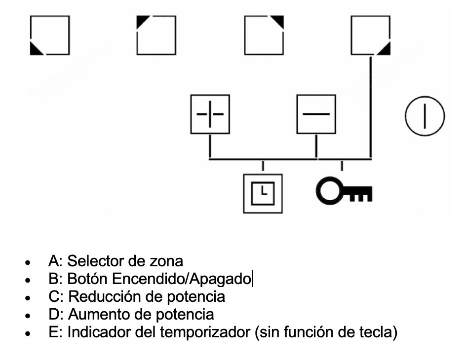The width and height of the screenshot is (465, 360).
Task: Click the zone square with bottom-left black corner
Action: (49, 35)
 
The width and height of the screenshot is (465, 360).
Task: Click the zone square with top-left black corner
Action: (156, 35)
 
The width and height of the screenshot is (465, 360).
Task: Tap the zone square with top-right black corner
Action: (264, 35)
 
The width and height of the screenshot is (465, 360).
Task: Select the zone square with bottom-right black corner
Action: (370, 35)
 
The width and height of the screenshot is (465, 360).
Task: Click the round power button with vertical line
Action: (425, 116)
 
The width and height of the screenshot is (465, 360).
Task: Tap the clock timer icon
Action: (263, 193)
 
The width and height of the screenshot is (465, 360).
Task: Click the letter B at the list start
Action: (53, 279)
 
